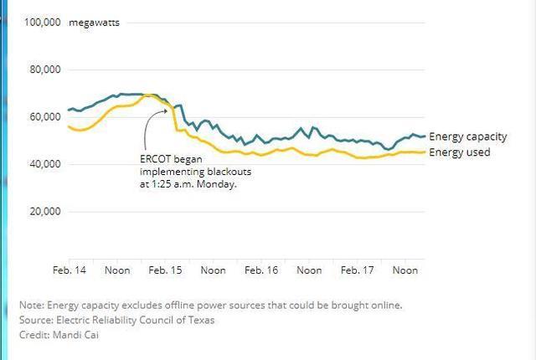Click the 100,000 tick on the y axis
pos(41,23)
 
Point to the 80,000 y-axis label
pos(44,69)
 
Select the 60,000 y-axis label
pos(44,117)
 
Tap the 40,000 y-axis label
pos(44,164)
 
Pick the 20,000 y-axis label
pos(44,212)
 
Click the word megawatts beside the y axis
pos(94,23)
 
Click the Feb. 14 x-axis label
pos(69,270)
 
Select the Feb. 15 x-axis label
pos(165,270)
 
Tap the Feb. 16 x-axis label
pos(261,270)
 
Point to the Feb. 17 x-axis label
pos(358,270)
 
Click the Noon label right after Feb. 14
pos(117,270)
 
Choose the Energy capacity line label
pos(468,136)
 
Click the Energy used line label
pos(460,152)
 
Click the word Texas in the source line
pos(200,320)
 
